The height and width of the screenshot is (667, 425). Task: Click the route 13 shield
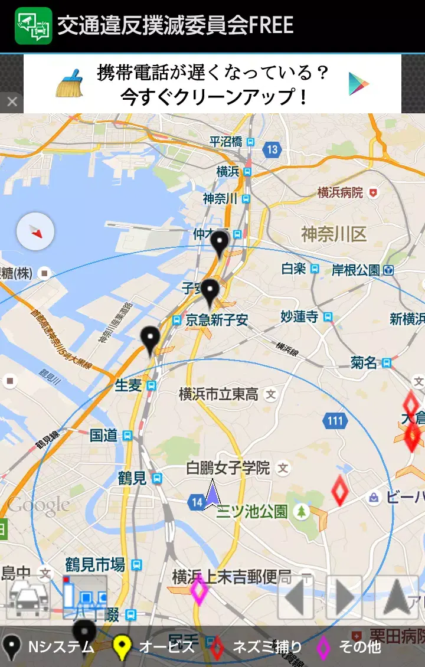[x=272, y=149]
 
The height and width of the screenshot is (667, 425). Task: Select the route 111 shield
[x=335, y=421]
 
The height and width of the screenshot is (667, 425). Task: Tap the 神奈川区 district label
[x=334, y=234]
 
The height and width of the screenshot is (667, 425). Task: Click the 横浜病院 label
[x=340, y=192]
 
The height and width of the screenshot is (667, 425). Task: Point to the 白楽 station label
[x=293, y=269]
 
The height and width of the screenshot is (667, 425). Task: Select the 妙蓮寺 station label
[x=299, y=317]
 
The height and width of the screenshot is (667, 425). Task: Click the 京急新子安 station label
[x=217, y=320]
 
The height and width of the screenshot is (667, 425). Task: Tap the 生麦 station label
[x=129, y=385]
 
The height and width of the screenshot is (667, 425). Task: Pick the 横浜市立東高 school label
[x=219, y=394]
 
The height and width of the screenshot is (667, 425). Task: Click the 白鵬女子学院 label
[x=228, y=468]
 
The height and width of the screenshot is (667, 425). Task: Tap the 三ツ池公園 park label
[x=252, y=511]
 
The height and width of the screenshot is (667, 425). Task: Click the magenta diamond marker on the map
[x=199, y=590]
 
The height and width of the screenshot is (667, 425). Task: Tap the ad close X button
[x=12, y=102]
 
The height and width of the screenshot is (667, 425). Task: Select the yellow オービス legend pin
[x=122, y=648]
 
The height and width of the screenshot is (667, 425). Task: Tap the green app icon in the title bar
[x=33, y=25]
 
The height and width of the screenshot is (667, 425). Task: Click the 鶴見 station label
[x=132, y=478]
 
